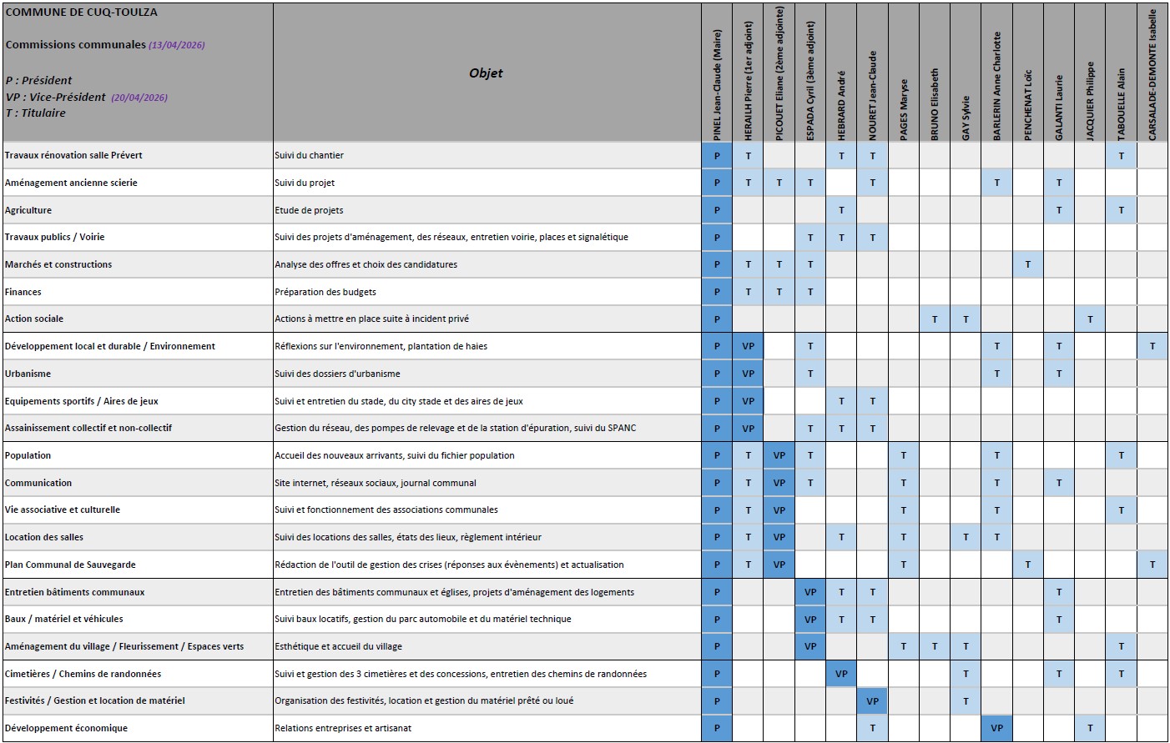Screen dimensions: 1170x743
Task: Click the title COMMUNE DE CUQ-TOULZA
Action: coord(81,13)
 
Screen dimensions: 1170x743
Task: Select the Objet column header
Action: coord(486,73)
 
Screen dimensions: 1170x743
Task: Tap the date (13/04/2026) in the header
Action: coord(177,45)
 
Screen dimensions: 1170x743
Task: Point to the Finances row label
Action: coord(23,292)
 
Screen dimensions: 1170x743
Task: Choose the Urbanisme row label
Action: coord(28,374)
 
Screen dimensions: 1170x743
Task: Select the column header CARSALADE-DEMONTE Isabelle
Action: coord(1152,75)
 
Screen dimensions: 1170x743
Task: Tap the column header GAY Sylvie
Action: coord(966,118)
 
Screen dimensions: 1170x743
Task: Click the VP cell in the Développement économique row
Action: coord(996,728)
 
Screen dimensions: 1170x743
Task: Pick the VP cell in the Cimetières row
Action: coord(841,674)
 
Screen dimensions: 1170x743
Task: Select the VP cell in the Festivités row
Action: coord(872,701)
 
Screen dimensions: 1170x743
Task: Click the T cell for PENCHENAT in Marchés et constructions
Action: coord(1027,264)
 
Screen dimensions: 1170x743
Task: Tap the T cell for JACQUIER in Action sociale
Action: coord(1090,319)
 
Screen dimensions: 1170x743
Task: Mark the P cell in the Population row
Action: coord(717,455)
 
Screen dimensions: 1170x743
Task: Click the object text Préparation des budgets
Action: coord(325,292)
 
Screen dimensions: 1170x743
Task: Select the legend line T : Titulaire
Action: coord(36,113)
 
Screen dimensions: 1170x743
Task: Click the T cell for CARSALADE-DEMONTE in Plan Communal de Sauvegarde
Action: coord(1152,565)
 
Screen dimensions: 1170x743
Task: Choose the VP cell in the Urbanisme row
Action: coord(748,374)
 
